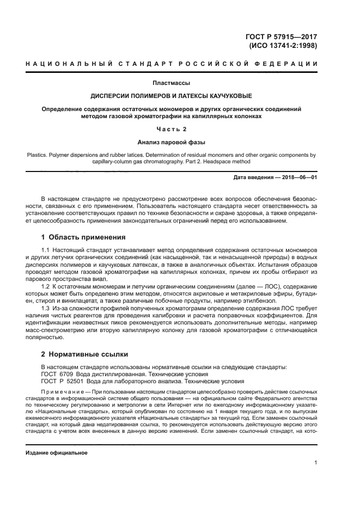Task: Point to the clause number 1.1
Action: point(46,249)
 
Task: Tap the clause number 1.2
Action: point(46,286)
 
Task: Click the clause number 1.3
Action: point(46,308)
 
